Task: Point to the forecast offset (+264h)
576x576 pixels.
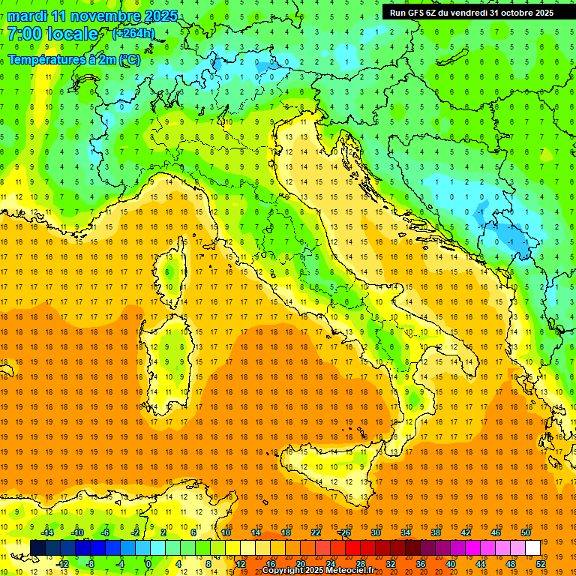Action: pyautogui.click(x=133, y=34)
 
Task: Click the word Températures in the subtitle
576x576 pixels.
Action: pyautogui.click(x=49, y=59)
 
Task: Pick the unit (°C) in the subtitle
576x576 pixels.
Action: pyautogui.click(x=129, y=59)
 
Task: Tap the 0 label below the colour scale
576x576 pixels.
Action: pyautogui.click(x=148, y=564)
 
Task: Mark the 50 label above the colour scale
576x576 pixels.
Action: pyautogui.click(x=526, y=532)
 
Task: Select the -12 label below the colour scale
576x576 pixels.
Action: pyautogui.click(x=63, y=564)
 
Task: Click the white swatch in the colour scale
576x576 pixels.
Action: pyautogui.click(x=532, y=547)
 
